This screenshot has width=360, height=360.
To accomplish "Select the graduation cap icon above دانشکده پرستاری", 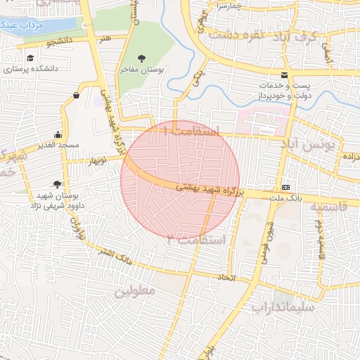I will pos(30,58).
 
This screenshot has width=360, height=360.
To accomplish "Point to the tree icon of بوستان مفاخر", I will pos(142,58).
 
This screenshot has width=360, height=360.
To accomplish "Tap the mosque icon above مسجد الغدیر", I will pos(58,134).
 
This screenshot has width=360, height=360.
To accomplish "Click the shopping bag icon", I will pos(75,95).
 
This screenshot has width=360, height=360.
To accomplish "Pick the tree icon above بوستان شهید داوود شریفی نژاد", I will pos(57,184).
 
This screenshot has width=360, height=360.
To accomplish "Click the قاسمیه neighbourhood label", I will pos(328,208).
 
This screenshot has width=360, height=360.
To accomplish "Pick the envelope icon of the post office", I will pos(284,75).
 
